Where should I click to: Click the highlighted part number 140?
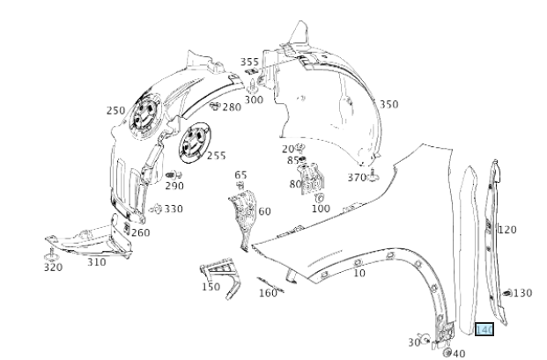tap(484, 330)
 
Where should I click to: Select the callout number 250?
tap(115, 111)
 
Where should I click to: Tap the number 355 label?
tap(250, 62)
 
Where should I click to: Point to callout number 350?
tap(388, 104)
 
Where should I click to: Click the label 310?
tap(96, 261)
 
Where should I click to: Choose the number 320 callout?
tap(53, 267)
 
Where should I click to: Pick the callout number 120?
tap(507, 229)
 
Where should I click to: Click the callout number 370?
tap(356, 177)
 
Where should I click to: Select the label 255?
tap(216, 156)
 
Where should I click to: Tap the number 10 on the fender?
tap(359, 273)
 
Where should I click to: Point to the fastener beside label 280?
tap(213, 107)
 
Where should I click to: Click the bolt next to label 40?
tap(447, 352)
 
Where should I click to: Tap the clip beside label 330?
tap(155, 209)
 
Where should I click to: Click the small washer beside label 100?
tap(319, 198)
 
